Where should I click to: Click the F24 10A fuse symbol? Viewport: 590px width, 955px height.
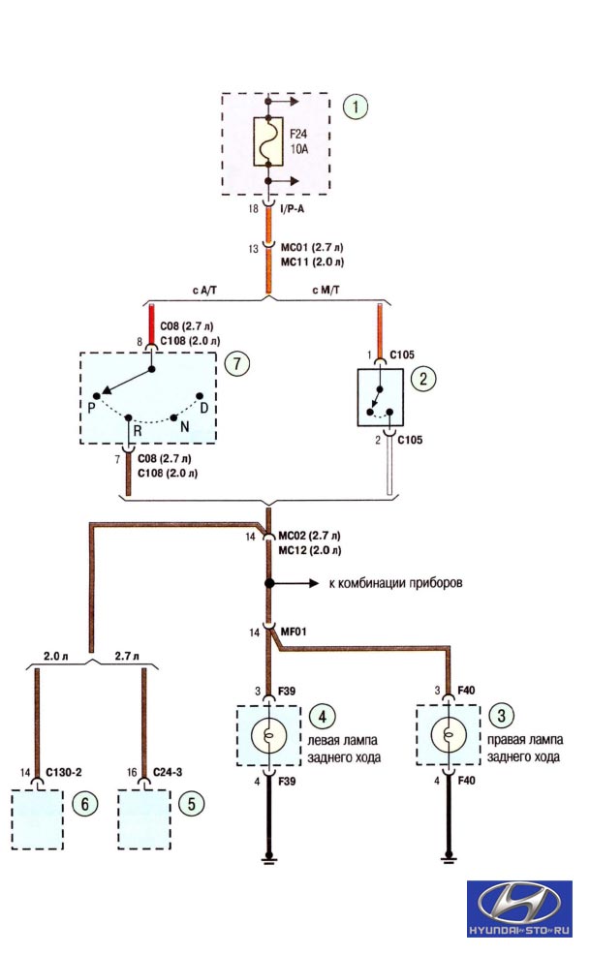click(x=267, y=140)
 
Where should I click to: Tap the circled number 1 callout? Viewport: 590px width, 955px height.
click(x=356, y=107)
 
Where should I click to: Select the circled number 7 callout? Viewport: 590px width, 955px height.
click(x=236, y=363)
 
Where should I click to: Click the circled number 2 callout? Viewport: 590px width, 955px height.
click(x=423, y=379)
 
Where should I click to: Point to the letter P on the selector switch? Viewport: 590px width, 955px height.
click(x=91, y=408)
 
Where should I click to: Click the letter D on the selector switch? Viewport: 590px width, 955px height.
click(x=203, y=407)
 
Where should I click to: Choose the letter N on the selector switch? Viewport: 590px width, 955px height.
click(x=184, y=427)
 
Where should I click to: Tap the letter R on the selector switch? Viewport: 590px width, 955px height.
click(x=138, y=431)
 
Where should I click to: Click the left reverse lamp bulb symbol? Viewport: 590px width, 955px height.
click(x=268, y=735)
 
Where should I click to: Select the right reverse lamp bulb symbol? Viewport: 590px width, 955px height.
click(x=448, y=734)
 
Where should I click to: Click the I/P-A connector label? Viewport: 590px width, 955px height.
click(x=292, y=209)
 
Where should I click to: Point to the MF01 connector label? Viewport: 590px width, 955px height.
click(x=294, y=632)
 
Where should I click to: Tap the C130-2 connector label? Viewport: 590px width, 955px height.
click(x=63, y=772)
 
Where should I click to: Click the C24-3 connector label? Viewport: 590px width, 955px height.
click(x=168, y=772)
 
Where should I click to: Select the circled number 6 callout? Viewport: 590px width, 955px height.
click(x=84, y=804)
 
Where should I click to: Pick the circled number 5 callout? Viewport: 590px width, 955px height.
click(x=192, y=803)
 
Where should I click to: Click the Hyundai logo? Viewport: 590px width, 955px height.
click(x=519, y=909)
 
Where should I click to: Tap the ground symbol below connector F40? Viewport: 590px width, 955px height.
click(x=449, y=858)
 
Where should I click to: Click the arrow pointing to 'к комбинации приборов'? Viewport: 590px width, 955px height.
click(x=294, y=583)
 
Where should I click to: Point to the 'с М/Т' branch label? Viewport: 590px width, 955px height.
click(x=326, y=290)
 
